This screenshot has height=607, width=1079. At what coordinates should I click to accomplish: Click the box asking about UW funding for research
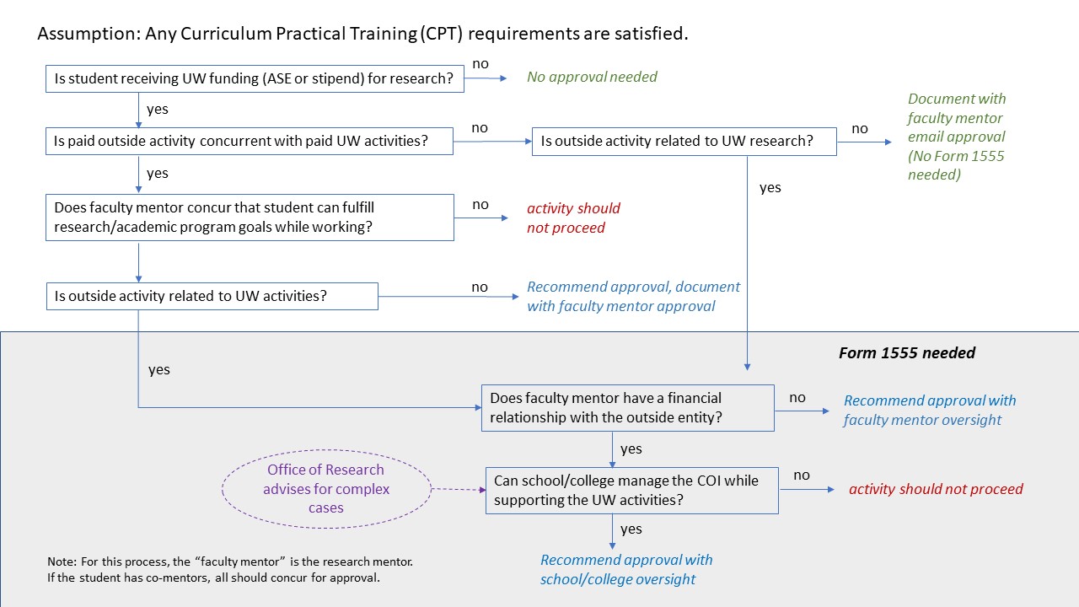coord(255,78)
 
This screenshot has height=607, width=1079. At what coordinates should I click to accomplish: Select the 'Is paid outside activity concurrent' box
coord(250,141)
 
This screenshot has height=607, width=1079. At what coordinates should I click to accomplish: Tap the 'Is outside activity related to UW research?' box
coord(684,142)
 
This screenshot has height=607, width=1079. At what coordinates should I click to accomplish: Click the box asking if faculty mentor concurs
coord(250,218)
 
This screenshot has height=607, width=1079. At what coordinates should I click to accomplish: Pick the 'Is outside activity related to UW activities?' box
coord(212,296)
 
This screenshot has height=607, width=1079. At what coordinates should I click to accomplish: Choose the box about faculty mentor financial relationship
coord(628,408)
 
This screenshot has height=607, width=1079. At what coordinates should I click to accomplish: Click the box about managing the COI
coord(632,491)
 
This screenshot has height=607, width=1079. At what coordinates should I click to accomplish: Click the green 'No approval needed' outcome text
coord(592,77)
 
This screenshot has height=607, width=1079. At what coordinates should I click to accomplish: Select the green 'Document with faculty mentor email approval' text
coord(957,137)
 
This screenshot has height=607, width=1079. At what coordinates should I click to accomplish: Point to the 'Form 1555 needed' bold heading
coord(907,353)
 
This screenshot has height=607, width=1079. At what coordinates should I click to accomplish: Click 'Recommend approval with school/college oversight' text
coord(626,569)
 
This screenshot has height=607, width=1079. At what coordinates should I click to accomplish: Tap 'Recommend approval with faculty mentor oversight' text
coord(930,410)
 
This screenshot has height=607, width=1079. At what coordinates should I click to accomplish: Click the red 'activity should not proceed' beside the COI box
coord(936,489)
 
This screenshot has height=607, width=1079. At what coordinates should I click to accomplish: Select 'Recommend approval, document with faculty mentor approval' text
coord(633,296)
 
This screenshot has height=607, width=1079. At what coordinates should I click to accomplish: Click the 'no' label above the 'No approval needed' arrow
coord(480,63)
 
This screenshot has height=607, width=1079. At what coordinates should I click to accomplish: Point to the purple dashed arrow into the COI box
coord(459,490)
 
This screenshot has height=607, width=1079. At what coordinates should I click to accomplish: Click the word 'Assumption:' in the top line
coord(89,34)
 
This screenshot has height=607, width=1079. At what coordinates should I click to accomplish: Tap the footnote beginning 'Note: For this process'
coord(230,569)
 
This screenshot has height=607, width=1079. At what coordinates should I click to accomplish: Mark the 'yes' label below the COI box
coord(631,529)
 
